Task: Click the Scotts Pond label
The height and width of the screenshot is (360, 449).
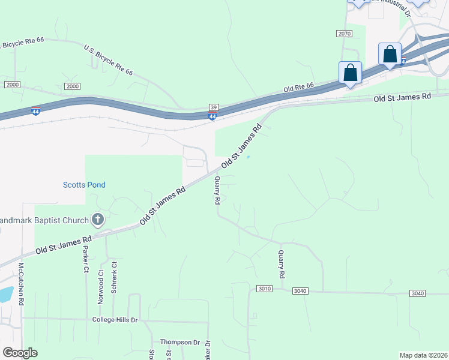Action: pos(84,185)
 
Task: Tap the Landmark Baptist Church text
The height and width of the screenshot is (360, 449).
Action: pos(43,220)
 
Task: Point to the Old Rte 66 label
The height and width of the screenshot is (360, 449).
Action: pos(299,88)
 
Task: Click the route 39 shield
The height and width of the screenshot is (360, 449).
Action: pos(214,107)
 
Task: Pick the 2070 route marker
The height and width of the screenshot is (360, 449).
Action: pos(344,34)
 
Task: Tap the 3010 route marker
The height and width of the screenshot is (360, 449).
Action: pos(265,289)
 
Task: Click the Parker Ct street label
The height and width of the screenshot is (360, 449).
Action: pos(86,258)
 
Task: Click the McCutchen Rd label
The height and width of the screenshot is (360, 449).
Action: pos(21,284)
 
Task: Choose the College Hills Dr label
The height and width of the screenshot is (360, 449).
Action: pos(115,320)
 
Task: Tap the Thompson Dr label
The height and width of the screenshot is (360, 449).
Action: pos(179,342)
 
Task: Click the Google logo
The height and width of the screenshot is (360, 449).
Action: pos(20,353)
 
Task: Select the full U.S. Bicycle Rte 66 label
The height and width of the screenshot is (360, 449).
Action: pos(108,60)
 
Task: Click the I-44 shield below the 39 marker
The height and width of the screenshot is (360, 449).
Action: pos(212,116)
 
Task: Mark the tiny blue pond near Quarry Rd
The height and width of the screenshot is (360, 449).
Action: pos(248,158)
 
